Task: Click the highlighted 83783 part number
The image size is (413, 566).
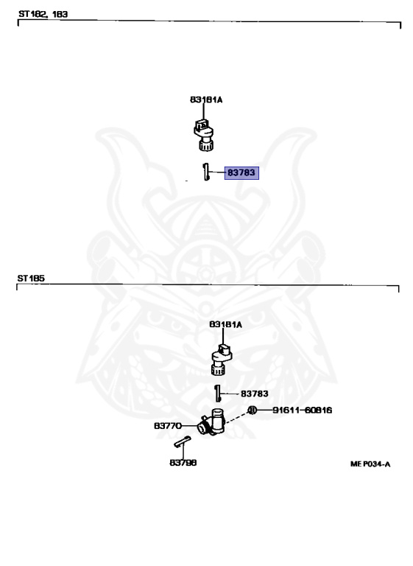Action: point(241,172)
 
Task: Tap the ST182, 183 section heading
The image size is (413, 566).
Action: point(43,14)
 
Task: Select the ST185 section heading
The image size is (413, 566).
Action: point(31,279)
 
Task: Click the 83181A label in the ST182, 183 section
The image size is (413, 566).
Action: point(206,99)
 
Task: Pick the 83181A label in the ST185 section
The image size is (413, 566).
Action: point(225,324)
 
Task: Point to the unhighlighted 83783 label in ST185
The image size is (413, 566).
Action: point(254,394)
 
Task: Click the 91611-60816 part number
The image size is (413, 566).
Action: point(302,410)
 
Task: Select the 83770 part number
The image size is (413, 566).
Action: point(168,426)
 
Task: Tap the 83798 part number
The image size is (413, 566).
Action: point(183,463)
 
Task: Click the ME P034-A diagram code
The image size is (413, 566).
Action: point(370,464)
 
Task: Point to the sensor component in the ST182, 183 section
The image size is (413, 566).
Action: point(204,134)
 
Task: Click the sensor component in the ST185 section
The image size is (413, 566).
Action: point(222,360)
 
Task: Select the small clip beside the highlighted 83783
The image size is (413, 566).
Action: point(206,172)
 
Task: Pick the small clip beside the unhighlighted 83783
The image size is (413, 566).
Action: point(217,393)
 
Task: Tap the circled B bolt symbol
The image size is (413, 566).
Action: point(252,410)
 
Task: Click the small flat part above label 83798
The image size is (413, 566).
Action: point(182,441)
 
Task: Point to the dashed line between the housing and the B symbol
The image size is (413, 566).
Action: point(236,417)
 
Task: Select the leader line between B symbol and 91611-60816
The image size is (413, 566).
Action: point(264,410)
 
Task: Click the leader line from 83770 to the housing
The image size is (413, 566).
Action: point(190,426)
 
